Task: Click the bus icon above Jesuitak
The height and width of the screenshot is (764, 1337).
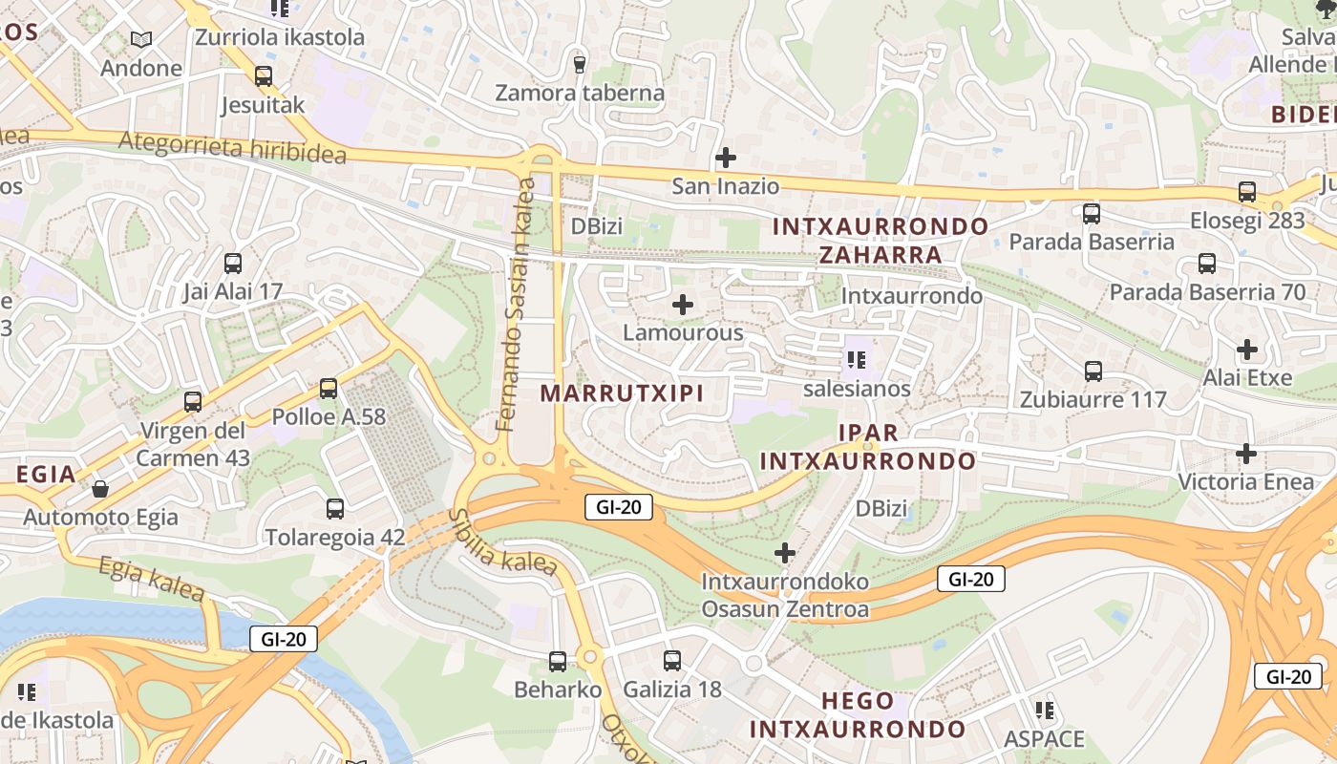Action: (x=263, y=76)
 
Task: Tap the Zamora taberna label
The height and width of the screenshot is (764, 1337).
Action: (x=580, y=94)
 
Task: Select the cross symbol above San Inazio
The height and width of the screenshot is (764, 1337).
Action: (x=726, y=157)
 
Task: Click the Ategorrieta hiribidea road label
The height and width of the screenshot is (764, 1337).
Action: (x=232, y=147)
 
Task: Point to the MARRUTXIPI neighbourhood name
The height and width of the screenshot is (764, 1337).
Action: (x=622, y=393)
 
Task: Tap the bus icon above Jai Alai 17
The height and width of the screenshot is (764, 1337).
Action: (x=232, y=263)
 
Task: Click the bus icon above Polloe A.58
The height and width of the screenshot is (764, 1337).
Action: (x=329, y=388)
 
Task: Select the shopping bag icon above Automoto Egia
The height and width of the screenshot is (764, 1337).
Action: (x=100, y=490)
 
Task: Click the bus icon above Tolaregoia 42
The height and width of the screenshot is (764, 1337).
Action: (x=334, y=508)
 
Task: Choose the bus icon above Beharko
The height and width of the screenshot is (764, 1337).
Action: (x=558, y=660)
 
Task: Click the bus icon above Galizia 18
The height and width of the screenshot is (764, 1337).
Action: (x=672, y=660)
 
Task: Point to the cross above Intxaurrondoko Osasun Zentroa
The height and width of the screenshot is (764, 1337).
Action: (x=785, y=552)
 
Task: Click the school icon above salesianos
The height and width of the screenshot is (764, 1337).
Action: (x=857, y=360)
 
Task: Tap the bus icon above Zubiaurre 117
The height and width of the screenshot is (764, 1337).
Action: (x=1093, y=371)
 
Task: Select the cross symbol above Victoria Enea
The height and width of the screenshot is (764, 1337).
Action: (x=1246, y=453)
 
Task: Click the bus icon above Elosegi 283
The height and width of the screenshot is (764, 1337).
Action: (x=1247, y=191)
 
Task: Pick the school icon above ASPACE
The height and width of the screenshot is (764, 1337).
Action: (x=1045, y=710)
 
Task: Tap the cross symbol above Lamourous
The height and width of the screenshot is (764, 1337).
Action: (x=683, y=305)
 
